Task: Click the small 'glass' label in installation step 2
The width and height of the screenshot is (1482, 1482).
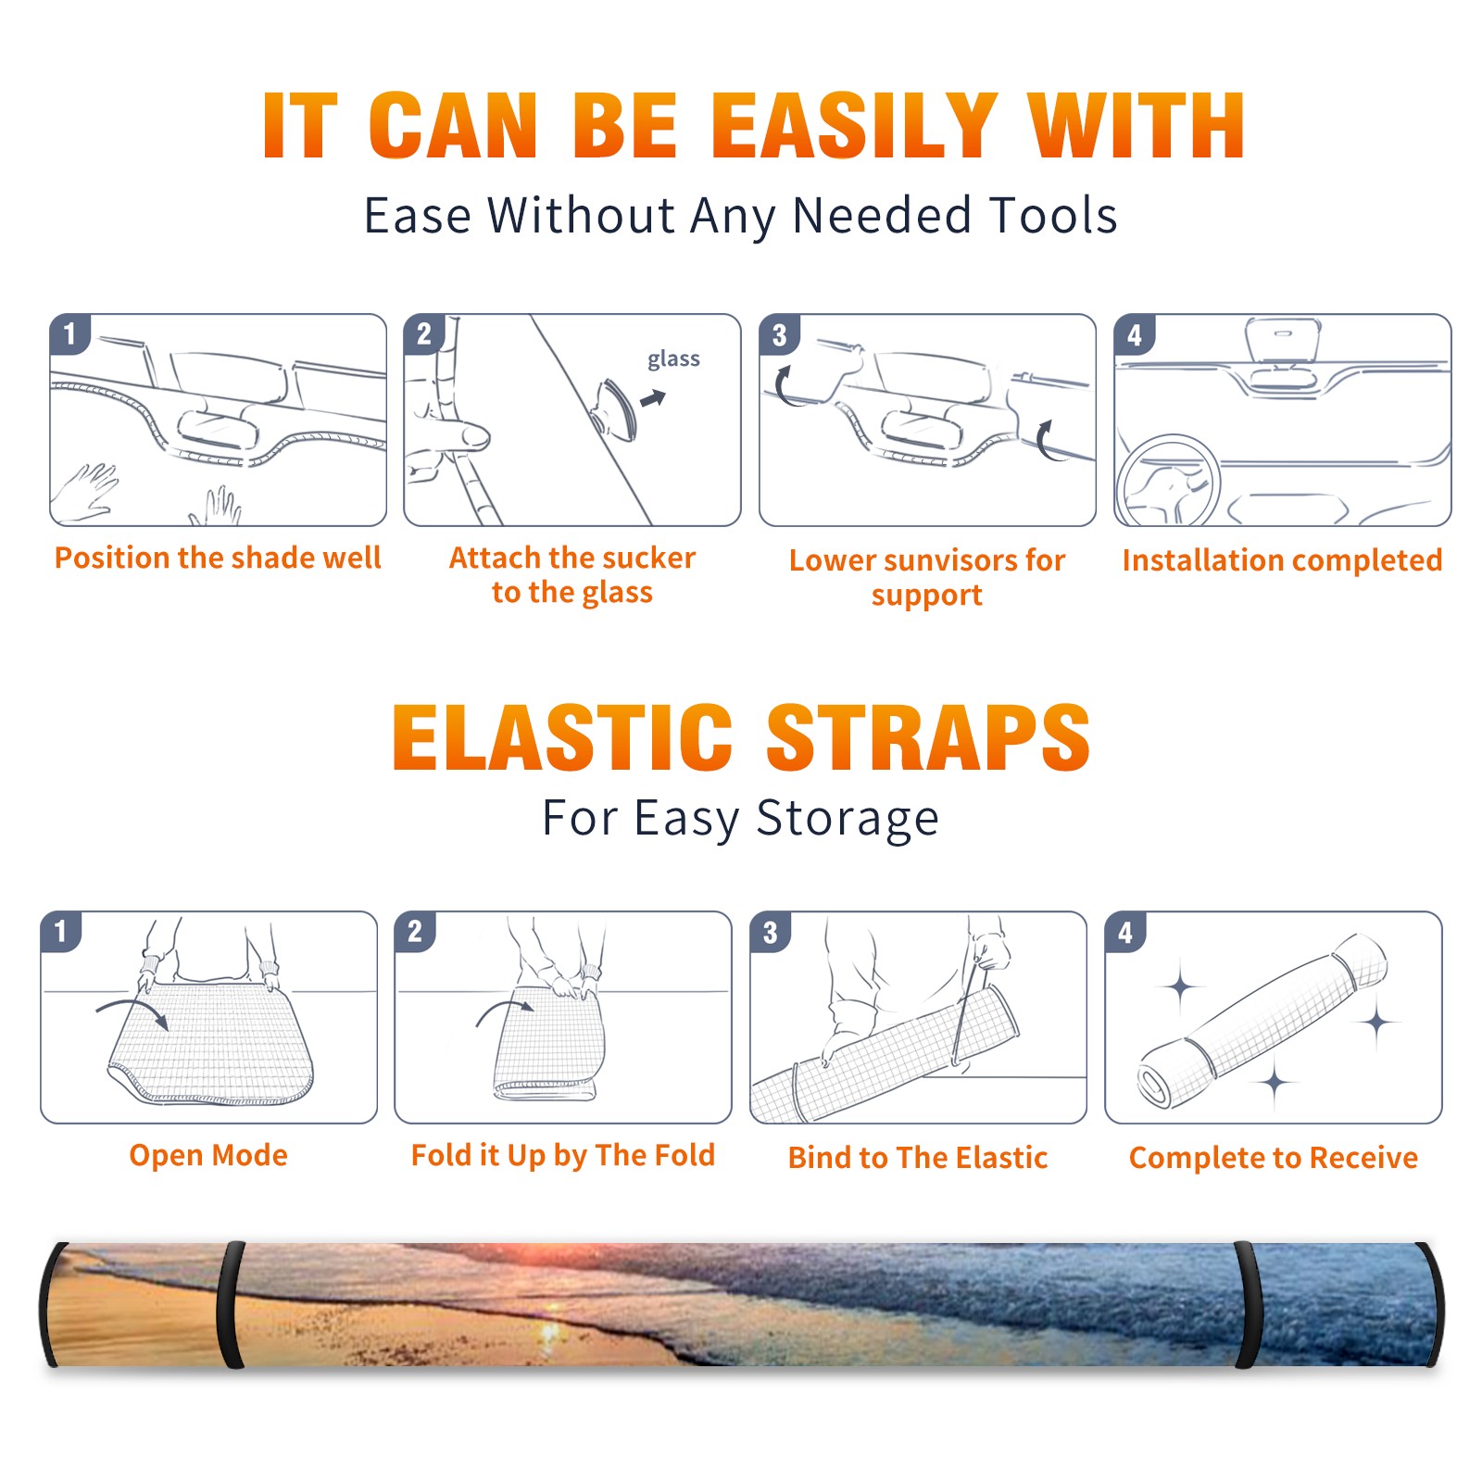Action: click(673, 359)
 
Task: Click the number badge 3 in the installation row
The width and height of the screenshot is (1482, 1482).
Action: click(779, 334)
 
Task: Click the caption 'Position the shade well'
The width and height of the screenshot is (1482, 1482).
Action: click(218, 558)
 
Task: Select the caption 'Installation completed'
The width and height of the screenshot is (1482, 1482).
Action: click(1282, 560)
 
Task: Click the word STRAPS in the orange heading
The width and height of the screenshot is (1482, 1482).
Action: click(928, 737)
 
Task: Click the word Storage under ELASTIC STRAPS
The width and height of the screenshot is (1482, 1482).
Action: click(848, 819)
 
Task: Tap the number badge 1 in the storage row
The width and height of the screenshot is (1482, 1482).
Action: click(60, 931)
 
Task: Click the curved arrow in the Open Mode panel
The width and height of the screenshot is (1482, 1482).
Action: click(132, 1011)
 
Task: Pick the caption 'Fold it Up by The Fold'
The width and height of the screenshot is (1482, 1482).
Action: click(563, 1156)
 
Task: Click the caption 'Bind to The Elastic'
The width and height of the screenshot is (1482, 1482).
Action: click(918, 1158)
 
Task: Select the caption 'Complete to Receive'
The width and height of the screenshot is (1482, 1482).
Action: click(1274, 1158)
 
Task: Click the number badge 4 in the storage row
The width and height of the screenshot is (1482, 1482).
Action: click(1125, 932)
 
